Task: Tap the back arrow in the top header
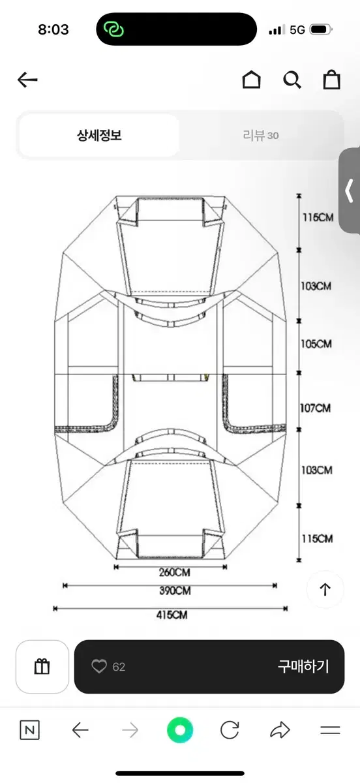click(x=27, y=80)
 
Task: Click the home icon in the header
click(x=252, y=80)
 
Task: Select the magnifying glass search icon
click(x=292, y=80)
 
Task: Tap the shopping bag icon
click(x=331, y=80)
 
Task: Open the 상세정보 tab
click(x=99, y=135)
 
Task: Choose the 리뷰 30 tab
click(x=261, y=135)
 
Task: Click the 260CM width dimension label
click(x=174, y=573)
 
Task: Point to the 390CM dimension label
click(x=175, y=591)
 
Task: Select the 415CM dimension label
click(x=172, y=615)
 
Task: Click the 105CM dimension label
click(x=316, y=344)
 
